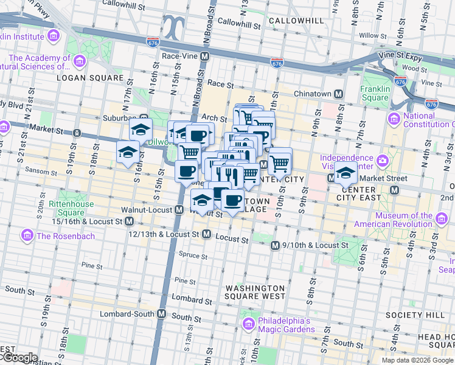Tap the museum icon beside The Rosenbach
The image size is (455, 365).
click(x=27, y=235)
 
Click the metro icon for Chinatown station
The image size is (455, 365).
click(x=338, y=94)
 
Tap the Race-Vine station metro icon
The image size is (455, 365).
click(x=205, y=56)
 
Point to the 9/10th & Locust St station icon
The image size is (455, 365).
click(x=274, y=245)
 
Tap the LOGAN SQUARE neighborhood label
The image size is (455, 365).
click(x=83, y=78)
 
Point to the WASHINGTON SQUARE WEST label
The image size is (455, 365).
click(x=255, y=292)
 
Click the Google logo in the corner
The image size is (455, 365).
click(x=19, y=358)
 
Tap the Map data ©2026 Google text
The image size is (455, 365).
click(x=417, y=360)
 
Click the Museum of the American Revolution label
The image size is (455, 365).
click(x=403, y=220)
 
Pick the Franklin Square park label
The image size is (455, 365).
click(x=374, y=93)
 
